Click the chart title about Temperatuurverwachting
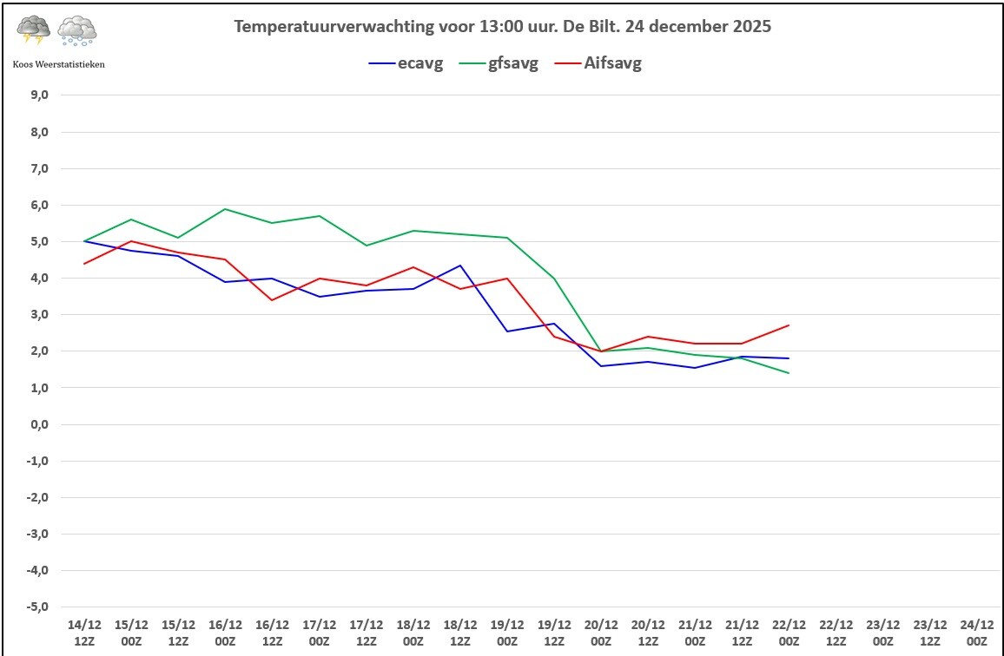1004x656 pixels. coord(502,26)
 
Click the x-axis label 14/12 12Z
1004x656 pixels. coord(84,631)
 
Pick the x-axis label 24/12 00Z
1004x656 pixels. coord(976,631)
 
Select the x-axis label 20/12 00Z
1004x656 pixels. coord(601,631)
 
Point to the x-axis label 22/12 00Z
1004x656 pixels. coord(789,631)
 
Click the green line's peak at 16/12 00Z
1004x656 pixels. coord(225,209)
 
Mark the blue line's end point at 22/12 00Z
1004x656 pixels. coord(789,358)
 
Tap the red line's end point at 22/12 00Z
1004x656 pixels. coord(789,325)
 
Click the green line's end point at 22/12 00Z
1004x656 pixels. coord(789,373)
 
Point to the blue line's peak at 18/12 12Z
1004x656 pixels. coord(460,266)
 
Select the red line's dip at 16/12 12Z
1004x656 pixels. coord(272,300)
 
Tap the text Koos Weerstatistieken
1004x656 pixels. coord(59,63)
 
